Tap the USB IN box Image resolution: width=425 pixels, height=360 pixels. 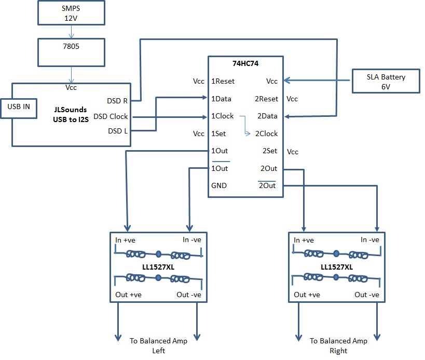(x=18, y=108)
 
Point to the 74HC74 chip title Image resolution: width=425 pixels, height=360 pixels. (x=246, y=63)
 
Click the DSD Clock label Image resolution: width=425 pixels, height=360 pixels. (x=111, y=116)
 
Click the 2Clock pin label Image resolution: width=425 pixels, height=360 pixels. (x=266, y=134)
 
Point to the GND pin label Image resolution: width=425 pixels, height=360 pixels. (x=219, y=185)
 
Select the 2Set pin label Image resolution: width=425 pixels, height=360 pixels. (x=269, y=151)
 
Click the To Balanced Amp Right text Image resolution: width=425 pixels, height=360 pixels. (x=338, y=346)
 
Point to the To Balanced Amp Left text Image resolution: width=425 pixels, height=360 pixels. (x=158, y=346)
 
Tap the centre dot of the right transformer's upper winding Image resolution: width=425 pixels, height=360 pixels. (x=336, y=254)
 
